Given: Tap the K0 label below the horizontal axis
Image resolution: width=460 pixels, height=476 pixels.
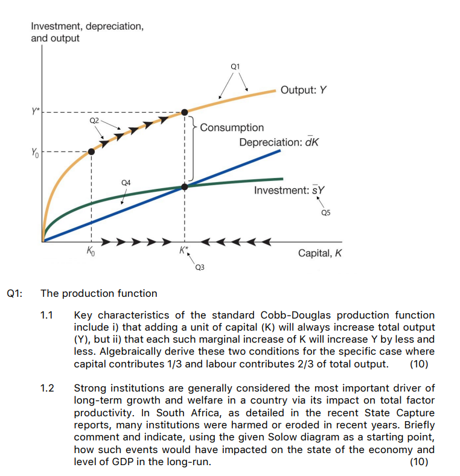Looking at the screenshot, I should pos(91,251).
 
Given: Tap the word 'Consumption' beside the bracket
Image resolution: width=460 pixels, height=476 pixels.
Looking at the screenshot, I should pos(232,127).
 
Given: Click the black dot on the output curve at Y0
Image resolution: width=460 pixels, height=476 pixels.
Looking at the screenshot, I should pos(91,151).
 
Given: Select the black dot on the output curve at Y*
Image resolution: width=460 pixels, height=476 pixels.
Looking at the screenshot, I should pos(185,112).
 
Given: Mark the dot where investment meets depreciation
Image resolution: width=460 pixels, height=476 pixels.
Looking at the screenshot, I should pos(185,187).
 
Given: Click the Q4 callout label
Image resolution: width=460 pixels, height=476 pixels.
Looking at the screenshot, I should pos(126,181).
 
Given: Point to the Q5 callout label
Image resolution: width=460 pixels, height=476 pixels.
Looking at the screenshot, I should pos(326,212).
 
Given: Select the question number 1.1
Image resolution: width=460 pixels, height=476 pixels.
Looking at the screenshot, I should pos(47,315).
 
